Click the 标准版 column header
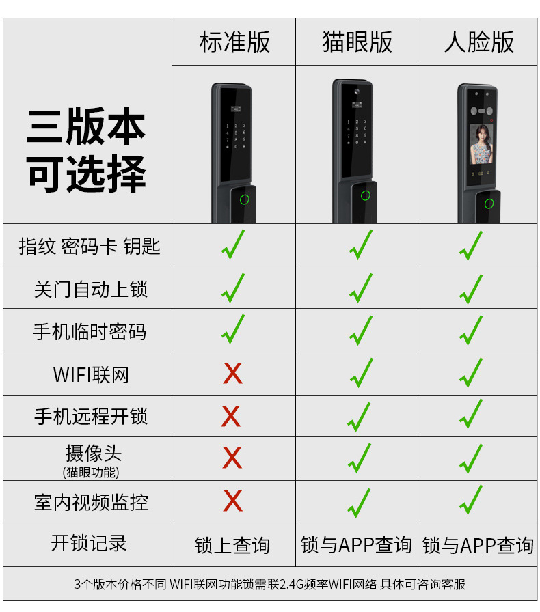pos(234,42)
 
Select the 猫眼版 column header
pos(357,42)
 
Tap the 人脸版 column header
pos(478,42)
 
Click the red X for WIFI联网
pos(232,374)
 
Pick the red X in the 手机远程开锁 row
pos(232,416)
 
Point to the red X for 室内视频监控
pos(232,501)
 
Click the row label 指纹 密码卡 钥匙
pos(89,246)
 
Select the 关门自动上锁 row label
pos(90,289)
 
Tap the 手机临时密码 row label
pos(90,332)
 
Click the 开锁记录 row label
pos(89,544)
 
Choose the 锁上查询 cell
pos(232,546)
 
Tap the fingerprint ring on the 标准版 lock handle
pos(244,200)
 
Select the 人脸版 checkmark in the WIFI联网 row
pos(470,374)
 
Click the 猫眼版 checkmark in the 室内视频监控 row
pos(358,503)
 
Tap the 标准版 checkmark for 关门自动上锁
pos(233,288)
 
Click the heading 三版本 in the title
pos(86,128)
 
